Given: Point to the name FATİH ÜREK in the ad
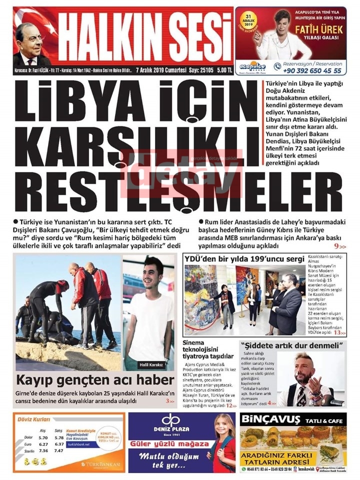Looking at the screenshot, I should [325, 29].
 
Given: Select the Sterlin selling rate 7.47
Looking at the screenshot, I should [59, 450].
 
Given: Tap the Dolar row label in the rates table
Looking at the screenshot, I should [21, 437].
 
